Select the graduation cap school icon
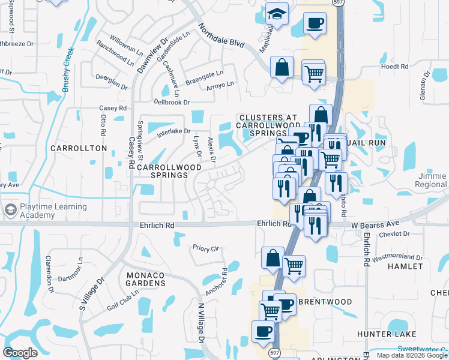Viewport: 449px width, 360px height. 277,14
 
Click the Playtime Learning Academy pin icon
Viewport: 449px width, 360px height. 10,211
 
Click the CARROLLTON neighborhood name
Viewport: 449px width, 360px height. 79,148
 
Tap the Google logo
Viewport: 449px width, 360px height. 20,353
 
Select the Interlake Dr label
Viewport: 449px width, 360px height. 173,131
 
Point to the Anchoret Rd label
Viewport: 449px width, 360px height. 215,281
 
